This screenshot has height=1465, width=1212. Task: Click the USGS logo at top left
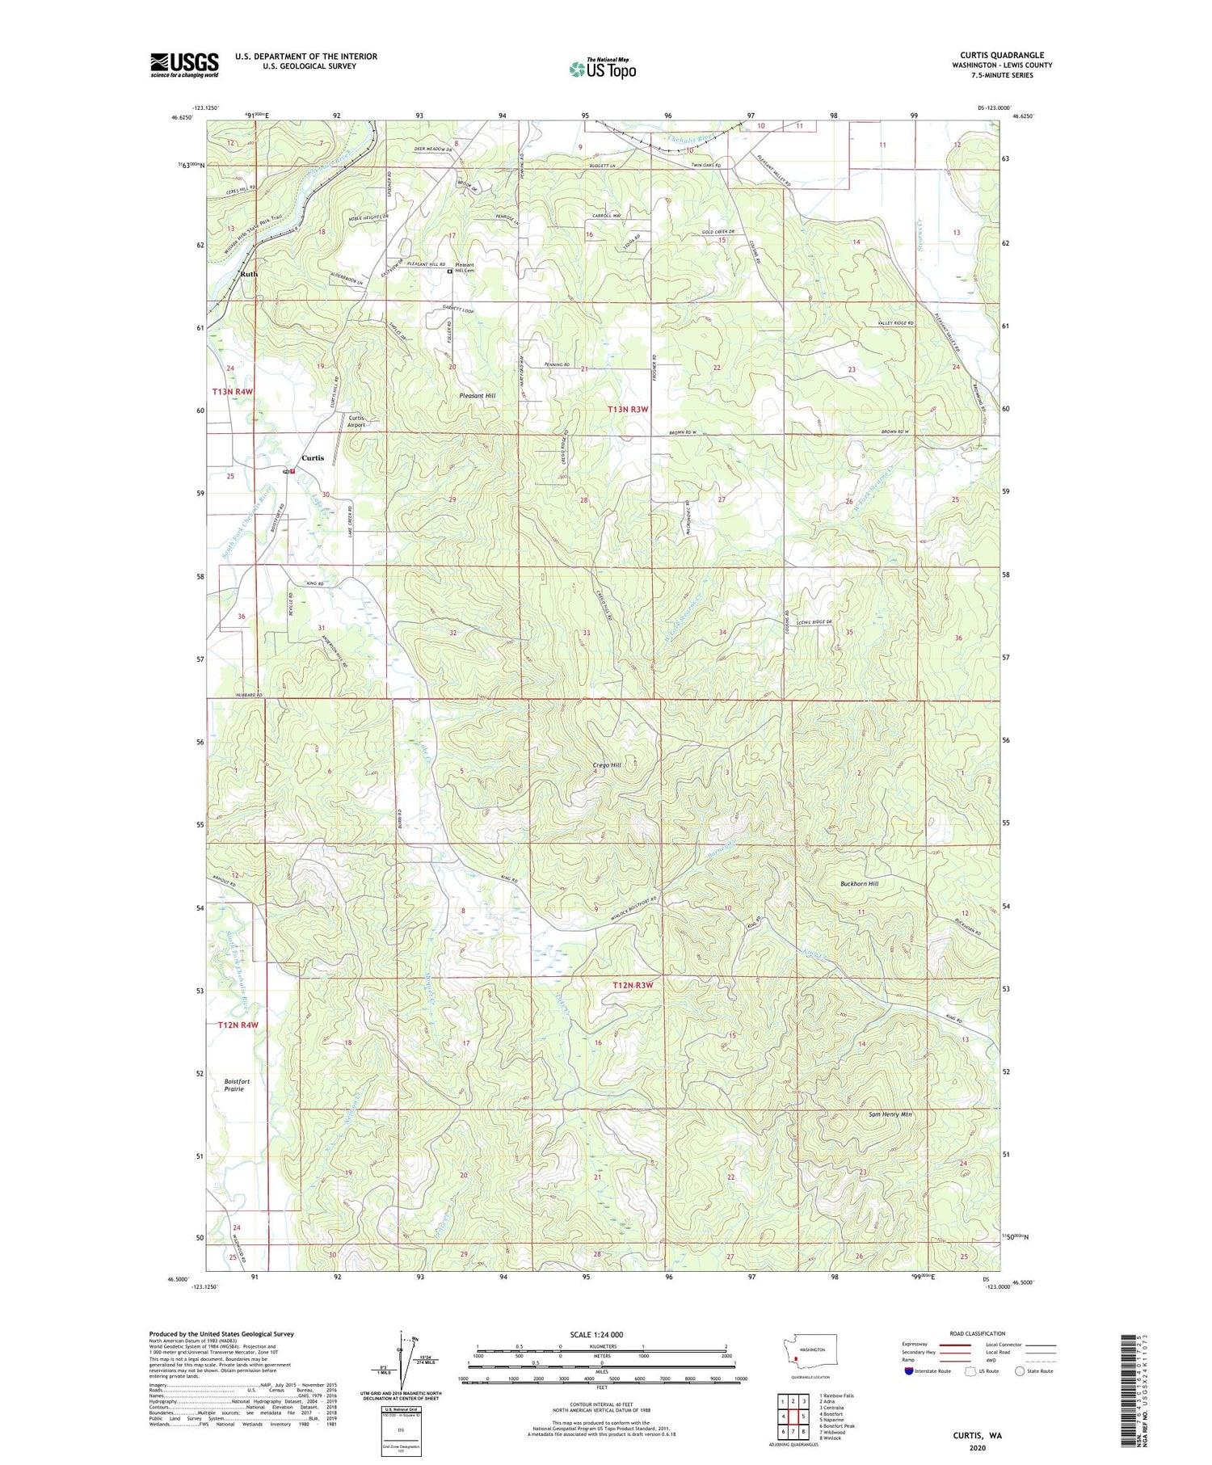[x=184, y=65]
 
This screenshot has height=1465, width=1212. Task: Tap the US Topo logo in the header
[x=602, y=69]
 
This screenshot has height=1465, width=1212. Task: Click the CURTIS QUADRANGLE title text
[x=1001, y=55]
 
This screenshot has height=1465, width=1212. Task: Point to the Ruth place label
[x=249, y=274]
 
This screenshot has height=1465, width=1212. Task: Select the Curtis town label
[x=313, y=457]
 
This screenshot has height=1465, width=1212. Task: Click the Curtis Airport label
[x=356, y=421]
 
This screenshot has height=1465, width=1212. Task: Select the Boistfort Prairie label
[x=238, y=1084]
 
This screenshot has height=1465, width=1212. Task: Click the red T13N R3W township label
[x=628, y=410]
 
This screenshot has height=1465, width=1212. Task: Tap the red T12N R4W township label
[x=238, y=1025]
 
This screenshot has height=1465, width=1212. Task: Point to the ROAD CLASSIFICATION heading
[x=977, y=1333]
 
